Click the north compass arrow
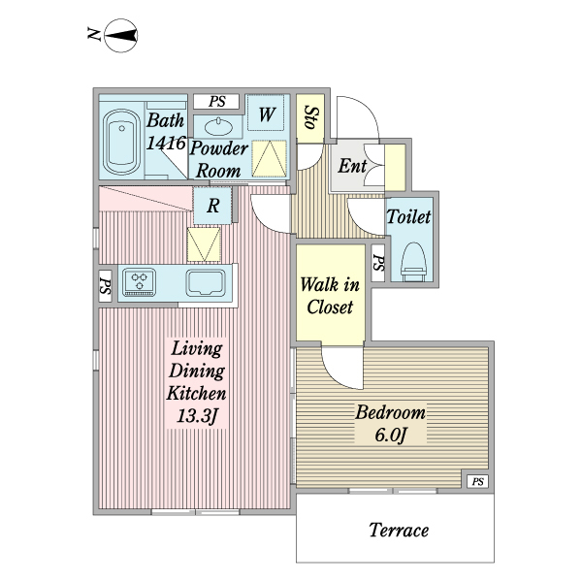pos(119,37)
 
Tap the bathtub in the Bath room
pos(120,141)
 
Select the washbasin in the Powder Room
pos(218,126)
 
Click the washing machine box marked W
pos(266,115)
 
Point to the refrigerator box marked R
pos(212,205)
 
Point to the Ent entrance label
pos(351,165)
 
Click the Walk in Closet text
pos(330,296)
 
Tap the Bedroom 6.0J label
pos(390,423)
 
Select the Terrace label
pos(399,531)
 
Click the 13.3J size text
pos(198,418)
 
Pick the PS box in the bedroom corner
pos(476,482)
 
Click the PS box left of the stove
pos(104,285)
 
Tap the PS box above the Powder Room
pos(217,101)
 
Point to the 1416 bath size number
pos(167,144)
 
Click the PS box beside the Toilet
pos(377,262)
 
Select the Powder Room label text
pos(217,160)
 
